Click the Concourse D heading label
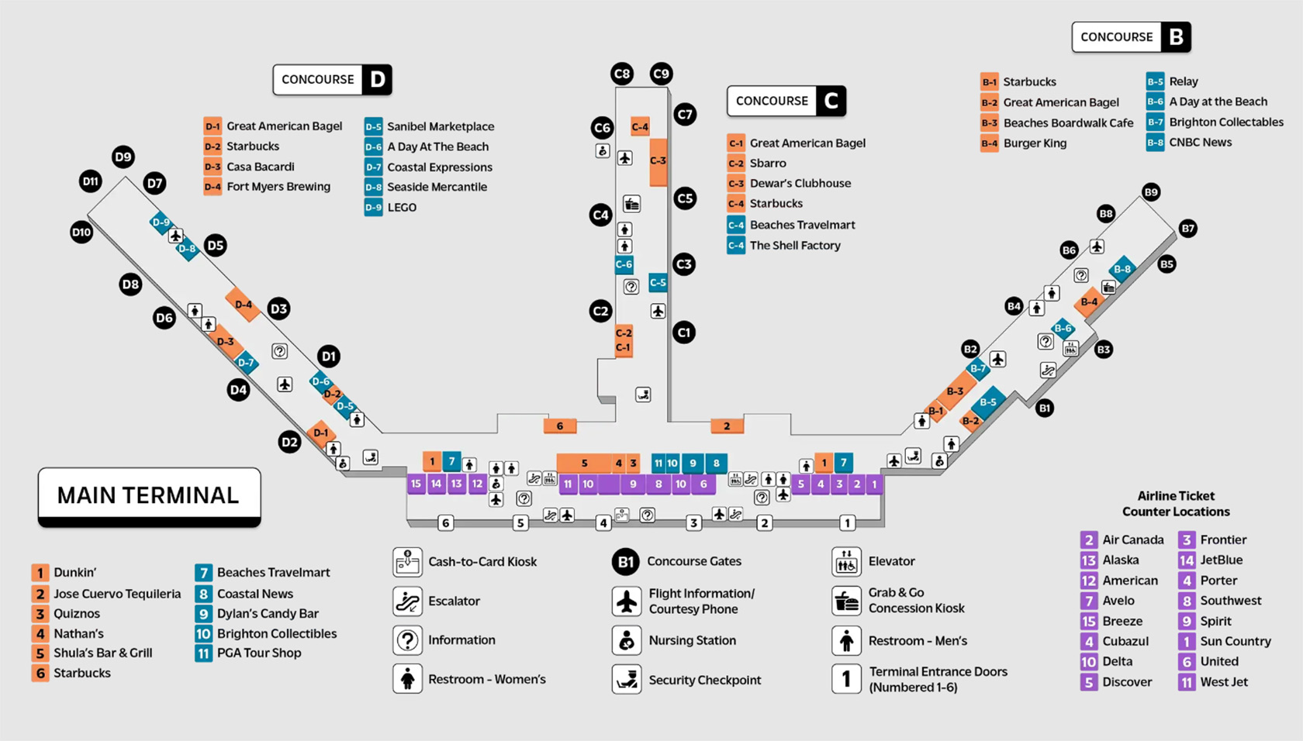(332, 80)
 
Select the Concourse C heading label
(786, 101)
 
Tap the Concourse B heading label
(1131, 37)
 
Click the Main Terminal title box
(149, 496)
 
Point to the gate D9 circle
(123, 157)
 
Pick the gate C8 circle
(622, 74)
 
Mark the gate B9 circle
(1151, 192)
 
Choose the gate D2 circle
(289, 443)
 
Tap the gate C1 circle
(683, 333)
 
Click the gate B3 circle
(1103, 350)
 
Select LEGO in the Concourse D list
(402, 208)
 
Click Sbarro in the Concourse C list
(768, 164)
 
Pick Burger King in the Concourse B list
(1035, 143)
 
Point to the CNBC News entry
(1200, 143)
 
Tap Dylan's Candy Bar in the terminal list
(268, 614)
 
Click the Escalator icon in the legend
(408, 601)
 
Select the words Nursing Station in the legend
(692, 641)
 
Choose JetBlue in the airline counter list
(1221, 560)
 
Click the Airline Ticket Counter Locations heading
(1176, 504)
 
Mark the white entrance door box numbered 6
(445, 523)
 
